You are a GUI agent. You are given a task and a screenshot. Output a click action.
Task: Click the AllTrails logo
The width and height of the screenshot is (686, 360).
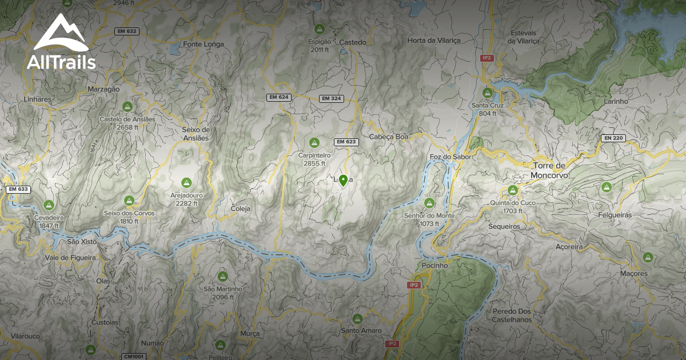point(61,42)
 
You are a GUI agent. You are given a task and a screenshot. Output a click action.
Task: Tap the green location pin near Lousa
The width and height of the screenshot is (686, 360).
point(343,181)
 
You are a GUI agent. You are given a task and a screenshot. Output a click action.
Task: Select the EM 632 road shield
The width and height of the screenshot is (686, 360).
point(126,31)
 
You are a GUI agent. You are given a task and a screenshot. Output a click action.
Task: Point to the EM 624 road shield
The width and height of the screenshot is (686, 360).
point(279,97)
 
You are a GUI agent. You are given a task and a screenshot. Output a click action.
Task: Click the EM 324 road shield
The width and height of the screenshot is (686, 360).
point(331,98)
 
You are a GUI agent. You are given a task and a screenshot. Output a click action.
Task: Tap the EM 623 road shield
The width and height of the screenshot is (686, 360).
point(346,142)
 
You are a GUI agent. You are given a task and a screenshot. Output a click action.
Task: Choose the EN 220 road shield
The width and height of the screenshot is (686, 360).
point(613,138)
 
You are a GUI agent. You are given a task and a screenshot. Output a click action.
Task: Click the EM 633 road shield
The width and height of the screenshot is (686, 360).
point(18,189)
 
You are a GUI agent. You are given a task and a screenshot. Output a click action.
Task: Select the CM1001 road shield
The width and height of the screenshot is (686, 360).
point(134,357)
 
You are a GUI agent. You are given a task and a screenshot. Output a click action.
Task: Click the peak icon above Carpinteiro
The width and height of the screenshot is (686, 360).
point(314,142)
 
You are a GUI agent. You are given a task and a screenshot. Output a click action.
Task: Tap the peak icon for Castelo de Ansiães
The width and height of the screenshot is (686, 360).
point(127,106)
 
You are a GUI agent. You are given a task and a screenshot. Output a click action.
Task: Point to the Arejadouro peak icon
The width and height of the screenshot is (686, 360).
point(186,183)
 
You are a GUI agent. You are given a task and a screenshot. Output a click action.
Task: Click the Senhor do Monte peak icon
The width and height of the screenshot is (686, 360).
point(429,202)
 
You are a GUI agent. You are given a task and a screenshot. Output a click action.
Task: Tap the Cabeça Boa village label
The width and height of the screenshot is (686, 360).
point(389,137)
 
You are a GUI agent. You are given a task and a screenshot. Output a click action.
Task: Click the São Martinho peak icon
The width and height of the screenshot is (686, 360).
point(222,277)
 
